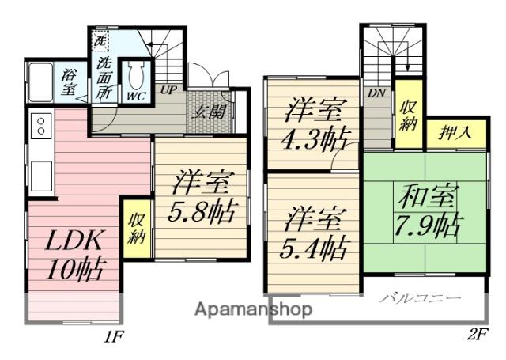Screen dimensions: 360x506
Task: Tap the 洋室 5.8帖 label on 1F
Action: (202, 199)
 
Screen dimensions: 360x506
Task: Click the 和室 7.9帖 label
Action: (425, 210)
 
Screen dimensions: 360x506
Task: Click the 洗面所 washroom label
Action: (104, 77)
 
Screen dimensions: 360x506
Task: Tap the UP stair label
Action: (168, 90)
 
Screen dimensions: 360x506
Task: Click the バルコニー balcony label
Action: (419, 298)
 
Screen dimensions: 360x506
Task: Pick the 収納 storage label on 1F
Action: (136, 227)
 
